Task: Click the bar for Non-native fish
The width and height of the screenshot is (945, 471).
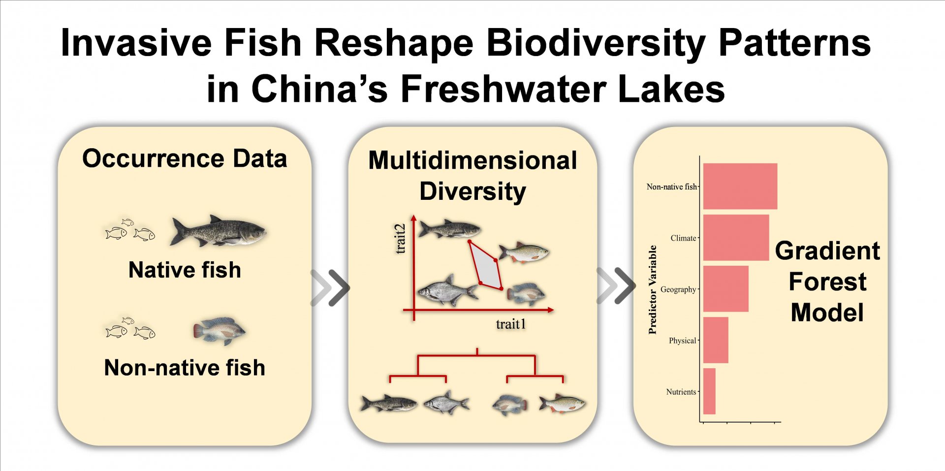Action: point(740,186)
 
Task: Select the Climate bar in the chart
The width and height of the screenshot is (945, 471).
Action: point(736,238)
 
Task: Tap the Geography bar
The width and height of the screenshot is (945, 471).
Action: point(725,289)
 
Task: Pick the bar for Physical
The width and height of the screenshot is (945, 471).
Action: point(715,340)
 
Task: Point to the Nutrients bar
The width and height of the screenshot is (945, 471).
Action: point(709,391)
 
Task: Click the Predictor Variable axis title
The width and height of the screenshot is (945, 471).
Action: point(653,290)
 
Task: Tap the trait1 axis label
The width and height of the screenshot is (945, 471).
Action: point(511,324)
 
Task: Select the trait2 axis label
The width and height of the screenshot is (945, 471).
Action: point(401,239)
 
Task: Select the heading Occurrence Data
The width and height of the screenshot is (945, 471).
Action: point(185,158)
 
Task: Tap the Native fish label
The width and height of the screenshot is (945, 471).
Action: point(185,270)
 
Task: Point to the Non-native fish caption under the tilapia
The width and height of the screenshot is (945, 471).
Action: point(185,368)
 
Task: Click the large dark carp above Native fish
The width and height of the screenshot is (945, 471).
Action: point(218,231)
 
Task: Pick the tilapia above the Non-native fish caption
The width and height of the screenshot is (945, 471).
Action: point(219,331)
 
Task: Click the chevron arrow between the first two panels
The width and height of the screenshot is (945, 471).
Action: point(330,287)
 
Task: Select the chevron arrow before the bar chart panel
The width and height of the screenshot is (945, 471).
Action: point(616,285)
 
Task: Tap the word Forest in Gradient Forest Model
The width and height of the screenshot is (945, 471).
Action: point(827,282)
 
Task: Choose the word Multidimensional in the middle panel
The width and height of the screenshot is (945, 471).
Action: point(472,160)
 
